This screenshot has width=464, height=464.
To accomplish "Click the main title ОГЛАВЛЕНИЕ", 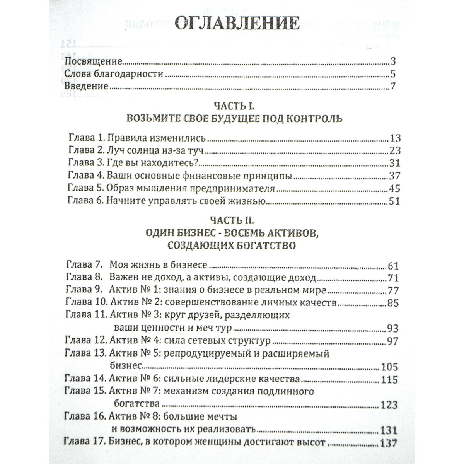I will [x=237, y=24].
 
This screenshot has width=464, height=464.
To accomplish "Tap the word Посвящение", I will [x=94, y=61].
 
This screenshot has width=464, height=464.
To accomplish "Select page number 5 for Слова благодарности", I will [x=392, y=74].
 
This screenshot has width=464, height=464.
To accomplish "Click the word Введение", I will [x=86, y=86].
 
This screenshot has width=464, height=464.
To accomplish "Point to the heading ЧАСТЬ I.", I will [x=234, y=105].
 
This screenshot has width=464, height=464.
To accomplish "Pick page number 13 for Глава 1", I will [x=396, y=138].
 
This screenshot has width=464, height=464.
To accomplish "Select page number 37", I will [x=394, y=176].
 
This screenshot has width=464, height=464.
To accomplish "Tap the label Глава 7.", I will [x=84, y=265].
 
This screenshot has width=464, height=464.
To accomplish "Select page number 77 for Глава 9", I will [x=393, y=290].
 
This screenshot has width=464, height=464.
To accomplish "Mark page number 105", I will [x=389, y=367].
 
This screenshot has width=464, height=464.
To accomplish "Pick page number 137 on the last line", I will [x=389, y=443].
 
